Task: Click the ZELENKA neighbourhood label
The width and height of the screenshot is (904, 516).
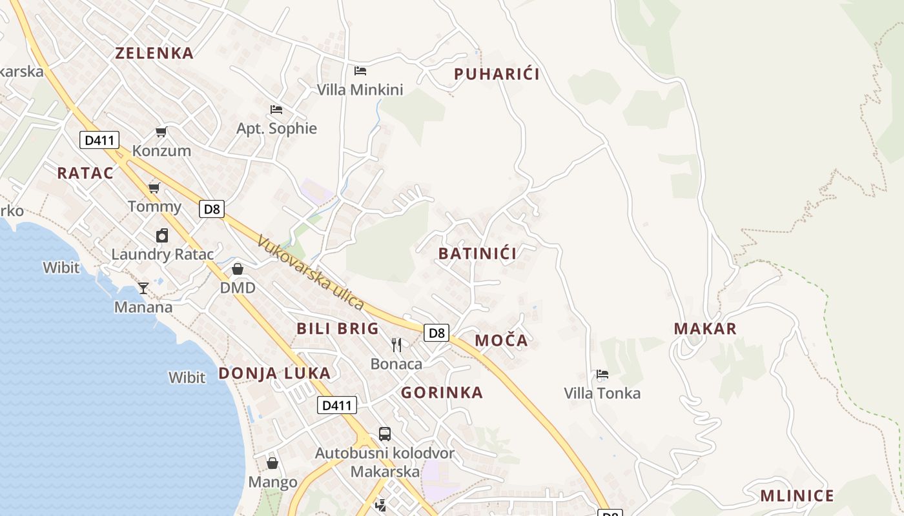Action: click(154, 53)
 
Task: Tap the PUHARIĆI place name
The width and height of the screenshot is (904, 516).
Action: click(497, 74)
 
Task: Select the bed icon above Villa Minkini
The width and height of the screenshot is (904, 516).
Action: click(360, 70)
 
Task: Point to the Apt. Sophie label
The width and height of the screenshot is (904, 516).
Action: click(276, 128)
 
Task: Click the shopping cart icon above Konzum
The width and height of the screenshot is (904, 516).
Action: click(161, 132)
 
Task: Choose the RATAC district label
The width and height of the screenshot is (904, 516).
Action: click(85, 173)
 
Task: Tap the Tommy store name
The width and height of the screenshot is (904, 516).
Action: click(154, 206)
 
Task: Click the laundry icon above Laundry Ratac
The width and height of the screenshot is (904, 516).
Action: click(162, 235)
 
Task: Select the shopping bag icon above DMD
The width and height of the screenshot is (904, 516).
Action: click(238, 269)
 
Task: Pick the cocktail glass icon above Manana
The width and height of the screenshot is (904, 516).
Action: click(143, 288)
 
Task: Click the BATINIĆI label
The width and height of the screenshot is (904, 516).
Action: click(477, 253)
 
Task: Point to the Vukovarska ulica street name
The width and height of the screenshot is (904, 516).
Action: click(311, 273)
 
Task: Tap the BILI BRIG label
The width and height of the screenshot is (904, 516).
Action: click(338, 328)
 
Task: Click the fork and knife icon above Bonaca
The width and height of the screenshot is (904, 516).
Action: click(396, 345)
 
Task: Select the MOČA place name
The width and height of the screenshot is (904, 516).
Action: click(501, 341)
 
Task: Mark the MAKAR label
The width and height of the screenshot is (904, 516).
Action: click(705, 328)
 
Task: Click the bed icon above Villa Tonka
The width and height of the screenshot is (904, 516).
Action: click(602, 374)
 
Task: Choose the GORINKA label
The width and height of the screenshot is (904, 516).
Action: click(442, 393)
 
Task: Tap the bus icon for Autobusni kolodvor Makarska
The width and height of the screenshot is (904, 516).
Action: click(385, 433)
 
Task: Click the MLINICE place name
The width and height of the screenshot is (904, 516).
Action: click(797, 496)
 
